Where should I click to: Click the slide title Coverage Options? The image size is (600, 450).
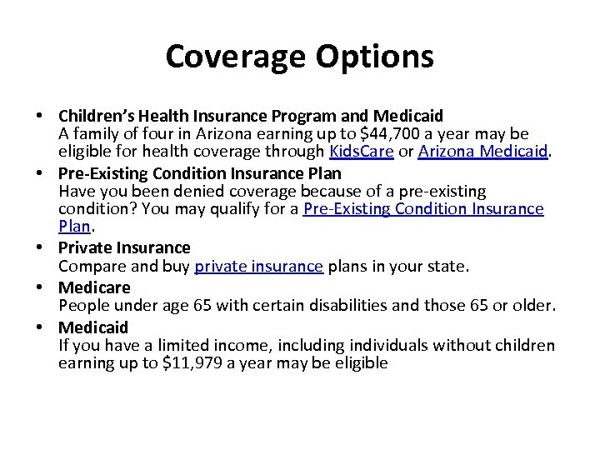299,57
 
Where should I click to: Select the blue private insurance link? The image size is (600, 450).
258,267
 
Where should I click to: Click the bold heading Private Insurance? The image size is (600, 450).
124,247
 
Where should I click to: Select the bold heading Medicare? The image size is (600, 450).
94,287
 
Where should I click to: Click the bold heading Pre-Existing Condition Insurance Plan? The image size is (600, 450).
199,173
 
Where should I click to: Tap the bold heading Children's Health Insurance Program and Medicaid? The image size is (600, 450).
250,115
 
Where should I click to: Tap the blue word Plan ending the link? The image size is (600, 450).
73,227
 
